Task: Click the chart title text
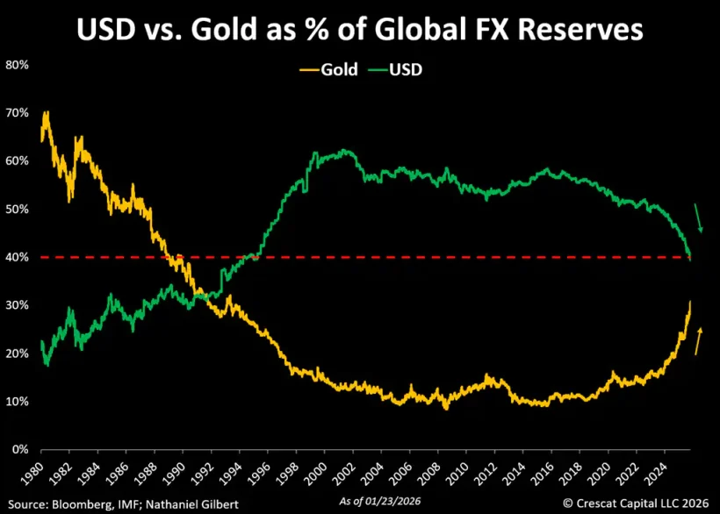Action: [359, 30]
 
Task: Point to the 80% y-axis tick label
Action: [18, 66]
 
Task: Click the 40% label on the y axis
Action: [18, 258]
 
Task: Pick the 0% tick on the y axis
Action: [20, 450]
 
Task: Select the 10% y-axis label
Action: [18, 402]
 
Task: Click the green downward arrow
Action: [699, 218]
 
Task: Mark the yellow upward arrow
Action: [699, 340]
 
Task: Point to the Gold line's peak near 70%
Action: [46, 113]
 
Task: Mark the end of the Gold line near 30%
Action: [690, 303]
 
